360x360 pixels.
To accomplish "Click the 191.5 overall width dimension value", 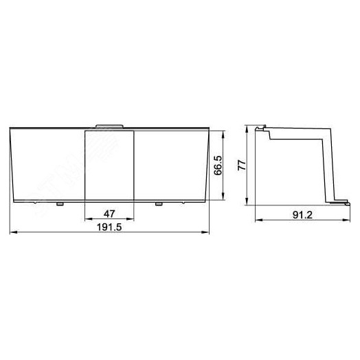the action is (109, 227).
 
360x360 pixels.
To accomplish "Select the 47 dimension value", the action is (109, 214).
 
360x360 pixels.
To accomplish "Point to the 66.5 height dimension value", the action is (218, 166).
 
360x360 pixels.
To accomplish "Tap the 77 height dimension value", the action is (242, 165).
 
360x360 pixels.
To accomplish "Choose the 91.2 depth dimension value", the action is (302, 215).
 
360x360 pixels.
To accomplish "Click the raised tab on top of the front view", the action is (109, 126).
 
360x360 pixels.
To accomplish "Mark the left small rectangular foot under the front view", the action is (60, 204).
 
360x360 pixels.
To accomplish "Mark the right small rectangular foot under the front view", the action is (159, 204).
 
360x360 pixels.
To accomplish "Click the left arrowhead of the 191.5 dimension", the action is (14, 232).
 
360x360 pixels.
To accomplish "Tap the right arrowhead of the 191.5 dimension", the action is (205, 232).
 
